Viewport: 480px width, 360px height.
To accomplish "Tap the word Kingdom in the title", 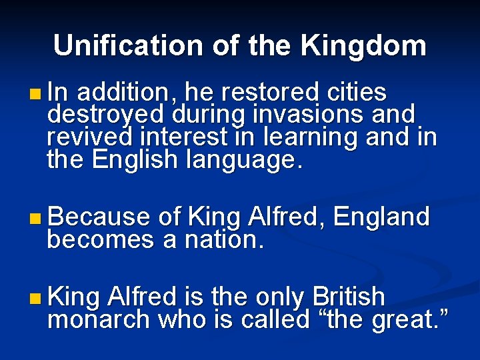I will click(x=363, y=45).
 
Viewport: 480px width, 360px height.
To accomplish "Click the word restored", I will click(x=261, y=92).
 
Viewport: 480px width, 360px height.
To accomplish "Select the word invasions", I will click(x=307, y=114).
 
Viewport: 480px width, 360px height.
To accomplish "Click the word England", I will click(x=381, y=217).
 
